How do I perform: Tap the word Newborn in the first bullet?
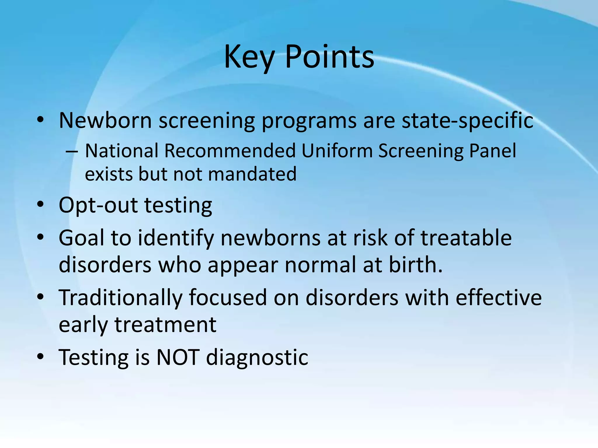tap(105, 120)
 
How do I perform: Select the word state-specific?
tap(467, 120)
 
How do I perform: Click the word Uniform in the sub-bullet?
tap(337, 151)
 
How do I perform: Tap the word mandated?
tap(252, 174)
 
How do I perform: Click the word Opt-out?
tap(98, 205)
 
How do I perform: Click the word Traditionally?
tap(120, 298)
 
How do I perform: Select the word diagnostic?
tap(257, 357)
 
